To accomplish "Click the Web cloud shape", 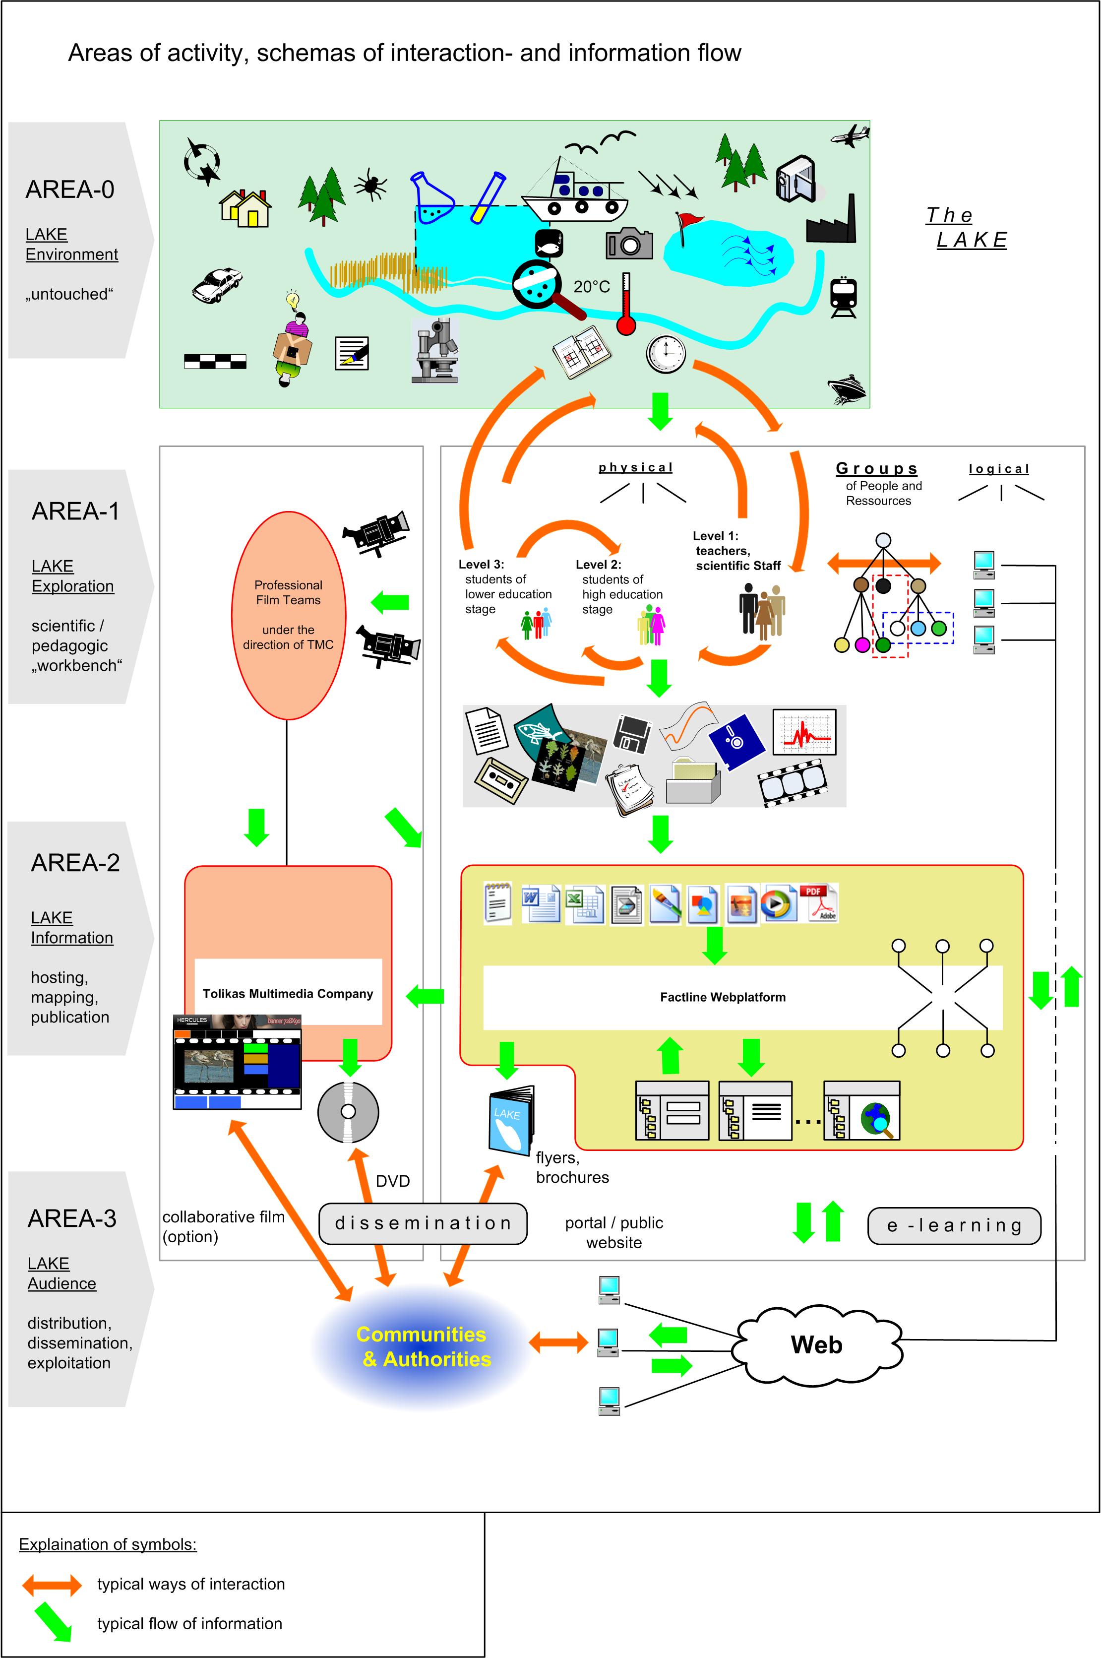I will [x=817, y=1345].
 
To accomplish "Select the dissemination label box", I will [x=423, y=1223].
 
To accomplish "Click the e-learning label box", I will [x=954, y=1225].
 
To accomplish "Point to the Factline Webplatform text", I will [x=723, y=997].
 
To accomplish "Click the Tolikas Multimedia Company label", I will [x=288, y=994].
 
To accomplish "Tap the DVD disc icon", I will [x=348, y=1112].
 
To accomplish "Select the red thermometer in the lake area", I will [x=625, y=306].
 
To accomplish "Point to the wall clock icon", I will [x=665, y=354].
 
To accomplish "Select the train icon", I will [x=843, y=297].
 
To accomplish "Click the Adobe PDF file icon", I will [x=819, y=902].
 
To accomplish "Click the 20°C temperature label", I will [x=591, y=287].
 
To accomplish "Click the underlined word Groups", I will [x=876, y=468].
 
